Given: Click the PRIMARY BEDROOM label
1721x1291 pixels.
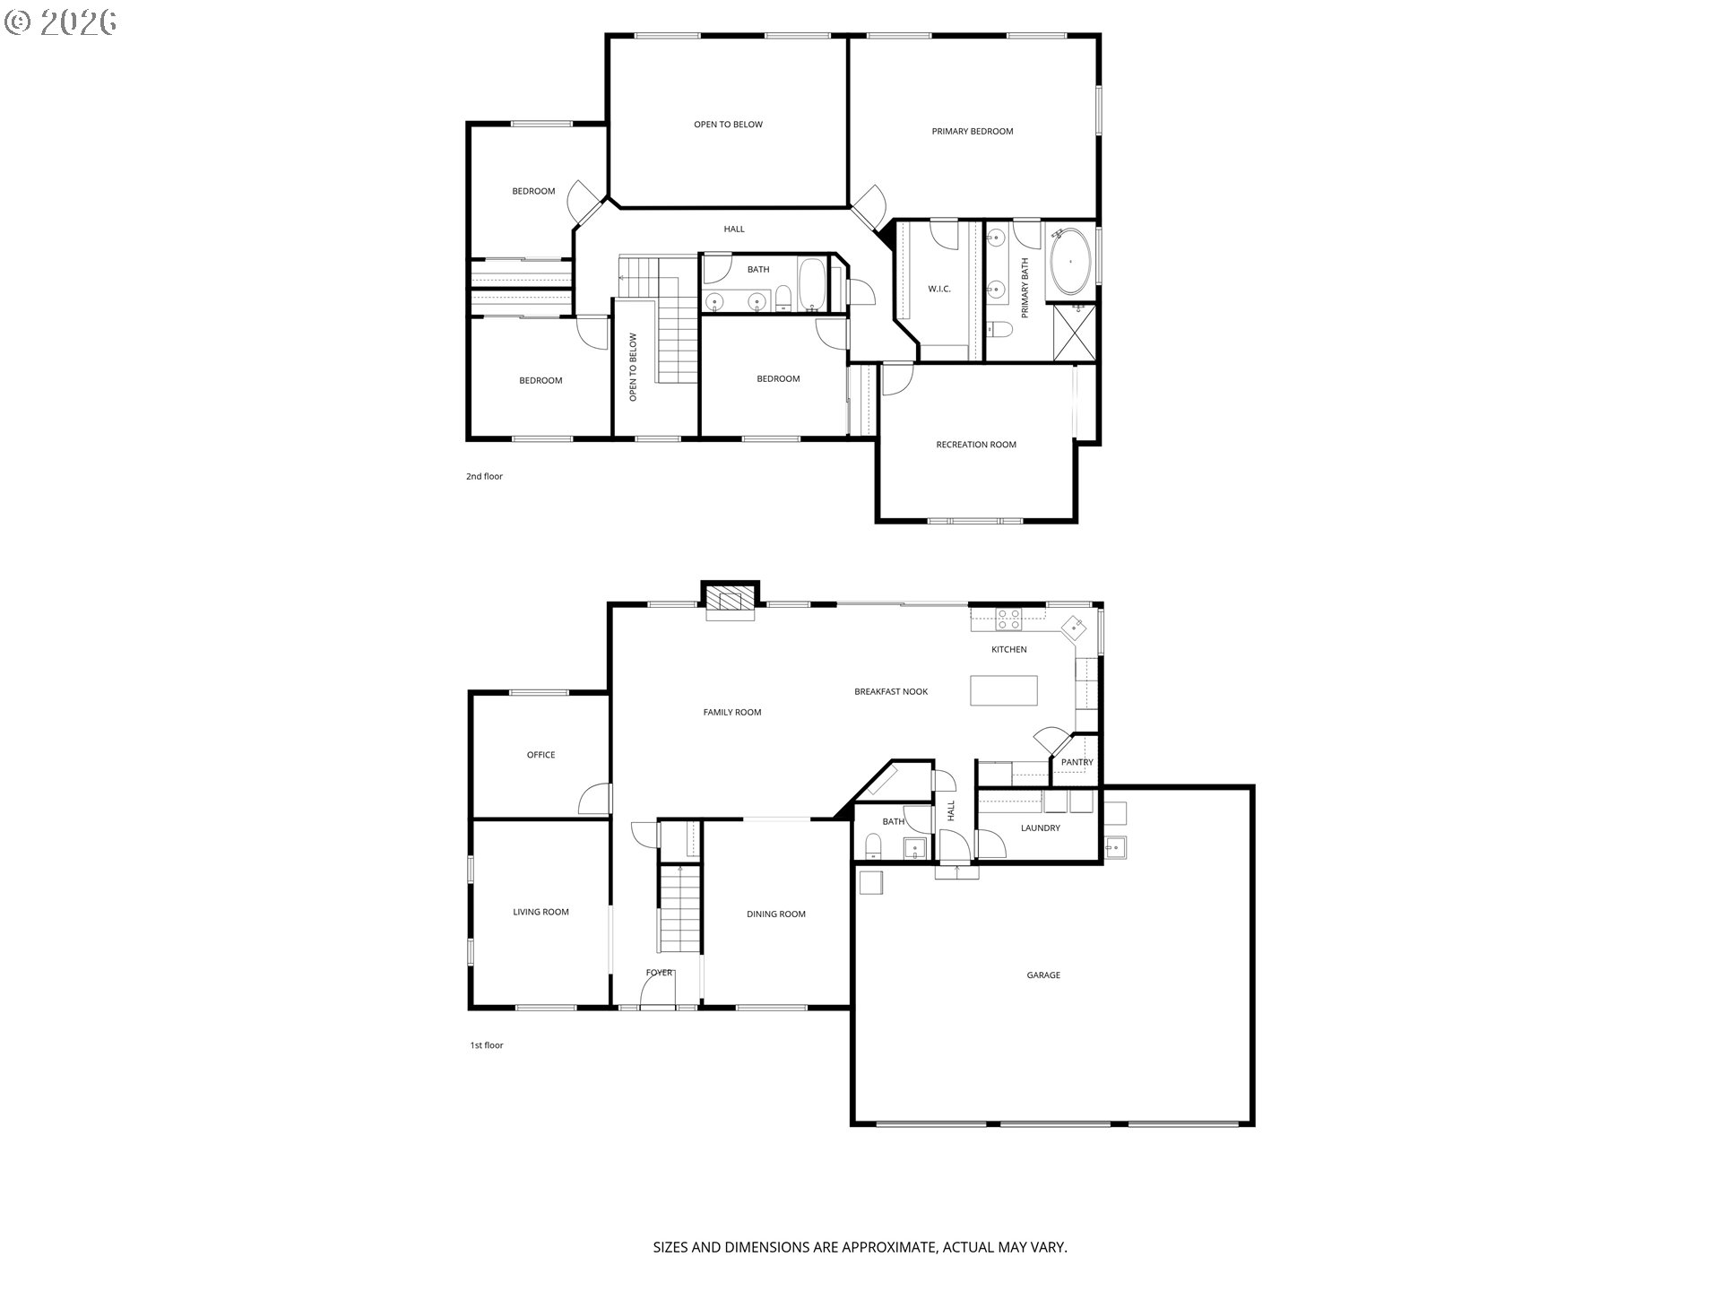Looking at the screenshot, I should (x=972, y=132).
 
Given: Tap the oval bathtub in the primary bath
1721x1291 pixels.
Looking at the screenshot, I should (x=1070, y=262).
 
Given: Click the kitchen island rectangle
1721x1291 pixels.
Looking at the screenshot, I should (x=1004, y=691).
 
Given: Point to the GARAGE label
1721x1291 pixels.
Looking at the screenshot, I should (x=1043, y=975).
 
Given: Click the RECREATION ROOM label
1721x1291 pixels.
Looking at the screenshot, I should (x=976, y=445).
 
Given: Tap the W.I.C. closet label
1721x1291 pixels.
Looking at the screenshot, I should (x=939, y=290).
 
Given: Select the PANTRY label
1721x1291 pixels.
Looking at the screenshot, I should (x=1077, y=763).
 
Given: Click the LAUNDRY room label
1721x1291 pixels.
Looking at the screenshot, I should (x=1040, y=828).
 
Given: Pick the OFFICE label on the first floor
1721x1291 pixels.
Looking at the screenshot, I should (x=541, y=755).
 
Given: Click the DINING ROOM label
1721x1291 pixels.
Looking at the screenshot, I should (x=775, y=914).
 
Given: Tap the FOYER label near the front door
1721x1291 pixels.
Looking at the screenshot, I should (x=659, y=973).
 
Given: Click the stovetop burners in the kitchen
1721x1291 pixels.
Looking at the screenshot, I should (x=1009, y=620).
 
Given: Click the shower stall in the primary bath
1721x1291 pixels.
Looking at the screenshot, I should (x=1074, y=333).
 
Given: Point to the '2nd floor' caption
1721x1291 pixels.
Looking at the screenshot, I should (x=484, y=477).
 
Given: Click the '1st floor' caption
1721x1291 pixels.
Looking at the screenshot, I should (x=487, y=1045).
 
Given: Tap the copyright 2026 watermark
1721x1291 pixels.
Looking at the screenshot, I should (x=61, y=22).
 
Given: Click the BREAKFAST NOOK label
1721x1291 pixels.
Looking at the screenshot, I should (x=890, y=692).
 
